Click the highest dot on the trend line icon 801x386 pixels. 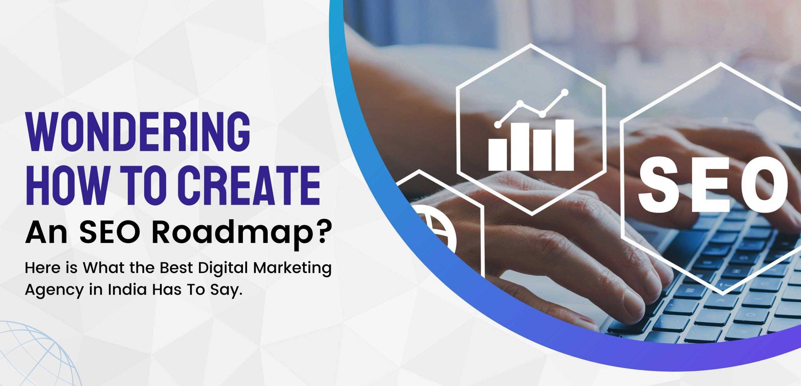point(565,92)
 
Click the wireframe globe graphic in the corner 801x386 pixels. point(38,354)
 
